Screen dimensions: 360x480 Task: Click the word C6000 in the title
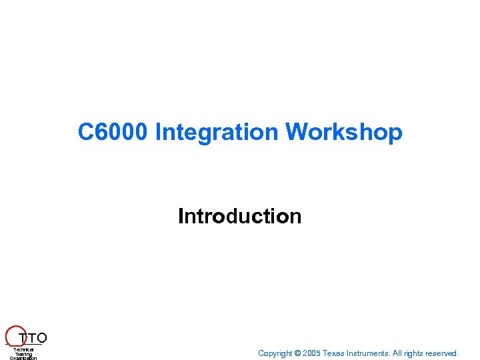click(x=113, y=132)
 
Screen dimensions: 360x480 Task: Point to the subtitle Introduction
click(x=239, y=217)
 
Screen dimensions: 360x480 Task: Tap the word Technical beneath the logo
click(x=23, y=349)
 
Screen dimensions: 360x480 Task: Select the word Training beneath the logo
click(x=23, y=354)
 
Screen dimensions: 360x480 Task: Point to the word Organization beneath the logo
click(x=23, y=358)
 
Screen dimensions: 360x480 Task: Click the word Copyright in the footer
click(x=275, y=353)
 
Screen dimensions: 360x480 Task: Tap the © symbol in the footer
click(x=297, y=353)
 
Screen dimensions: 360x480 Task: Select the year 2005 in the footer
click(x=311, y=353)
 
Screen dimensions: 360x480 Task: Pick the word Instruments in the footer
click(x=367, y=353)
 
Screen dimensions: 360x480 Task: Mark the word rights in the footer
click(x=415, y=353)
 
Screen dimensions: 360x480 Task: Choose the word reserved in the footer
click(x=443, y=353)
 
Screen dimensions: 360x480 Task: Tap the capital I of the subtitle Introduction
click(x=181, y=217)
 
